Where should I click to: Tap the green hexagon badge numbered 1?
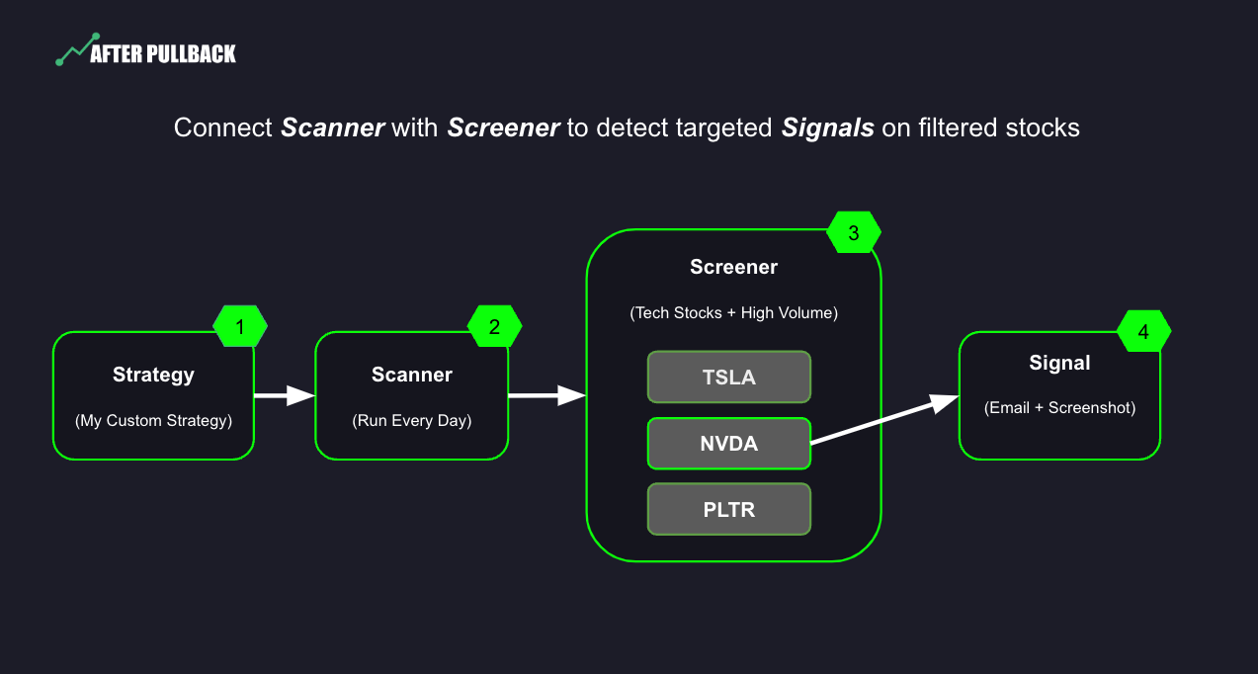[x=240, y=326]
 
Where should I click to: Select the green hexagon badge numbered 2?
[x=494, y=326]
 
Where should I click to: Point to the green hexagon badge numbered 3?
[x=854, y=232]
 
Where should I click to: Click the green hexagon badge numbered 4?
[x=1143, y=331]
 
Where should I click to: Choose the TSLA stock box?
[x=728, y=378]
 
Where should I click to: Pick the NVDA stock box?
[x=728, y=444]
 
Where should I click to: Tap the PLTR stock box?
[x=728, y=510]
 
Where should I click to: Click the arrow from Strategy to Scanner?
[x=284, y=395]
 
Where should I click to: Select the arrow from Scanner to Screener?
[x=546, y=395]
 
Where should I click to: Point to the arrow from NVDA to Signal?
[x=884, y=420]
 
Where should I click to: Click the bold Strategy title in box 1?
[x=153, y=375]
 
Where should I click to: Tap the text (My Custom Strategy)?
[x=153, y=420]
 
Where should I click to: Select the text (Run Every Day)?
[x=411, y=420]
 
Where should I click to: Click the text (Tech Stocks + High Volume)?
[x=733, y=313]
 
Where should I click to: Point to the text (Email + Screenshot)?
[x=1059, y=408]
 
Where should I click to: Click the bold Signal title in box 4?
[x=1059, y=363]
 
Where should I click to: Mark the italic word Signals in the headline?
[x=828, y=127]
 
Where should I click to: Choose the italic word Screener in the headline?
[x=503, y=127]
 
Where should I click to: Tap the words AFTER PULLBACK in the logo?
[x=163, y=54]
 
